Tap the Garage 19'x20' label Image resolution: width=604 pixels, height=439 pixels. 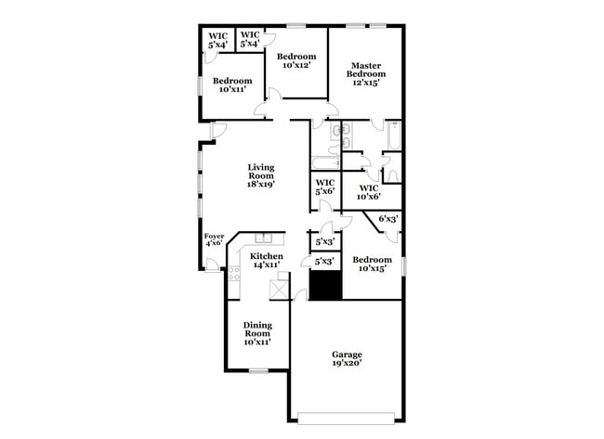coord(348,359)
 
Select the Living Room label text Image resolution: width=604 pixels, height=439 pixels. coord(260,175)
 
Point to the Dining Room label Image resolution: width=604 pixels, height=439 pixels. coord(257,332)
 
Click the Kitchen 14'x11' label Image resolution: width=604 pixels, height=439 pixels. coord(267,260)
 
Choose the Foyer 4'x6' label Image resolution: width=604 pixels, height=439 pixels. coord(215,239)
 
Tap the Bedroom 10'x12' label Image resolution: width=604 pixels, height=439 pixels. coord(297,61)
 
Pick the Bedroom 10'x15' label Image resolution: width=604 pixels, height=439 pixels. coord(372,265)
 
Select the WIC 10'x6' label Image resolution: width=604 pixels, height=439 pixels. coord(369,191)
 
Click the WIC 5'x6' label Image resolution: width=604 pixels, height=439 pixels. coord(325,187)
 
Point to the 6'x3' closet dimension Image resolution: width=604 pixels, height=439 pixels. coord(388,219)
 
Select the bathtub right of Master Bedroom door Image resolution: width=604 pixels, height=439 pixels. coord(392,137)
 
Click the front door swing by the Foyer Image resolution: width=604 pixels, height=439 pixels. coord(214,265)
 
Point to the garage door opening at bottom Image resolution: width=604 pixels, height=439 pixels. coord(349,414)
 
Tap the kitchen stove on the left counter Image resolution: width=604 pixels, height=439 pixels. coord(234,274)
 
